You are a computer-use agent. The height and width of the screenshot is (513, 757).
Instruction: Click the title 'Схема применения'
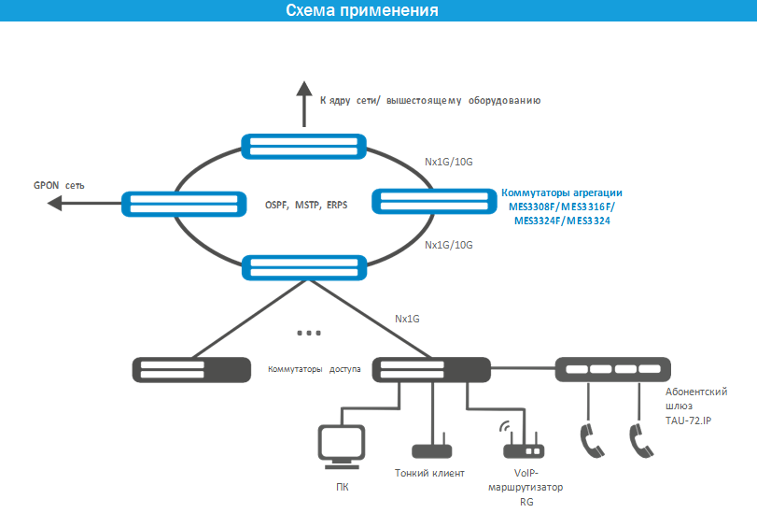(361, 10)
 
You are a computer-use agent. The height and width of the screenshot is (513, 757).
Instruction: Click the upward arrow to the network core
(304, 104)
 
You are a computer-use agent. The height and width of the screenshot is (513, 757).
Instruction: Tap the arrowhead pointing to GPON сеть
(55, 203)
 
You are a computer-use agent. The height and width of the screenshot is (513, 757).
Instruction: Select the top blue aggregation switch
(303, 146)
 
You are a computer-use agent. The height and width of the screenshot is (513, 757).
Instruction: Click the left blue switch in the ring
(184, 204)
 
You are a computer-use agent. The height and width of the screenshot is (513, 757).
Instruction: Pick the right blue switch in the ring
(434, 201)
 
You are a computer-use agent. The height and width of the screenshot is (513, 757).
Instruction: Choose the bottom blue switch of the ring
(304, 268)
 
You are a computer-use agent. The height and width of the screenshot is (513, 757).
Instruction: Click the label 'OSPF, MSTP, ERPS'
(306, 205)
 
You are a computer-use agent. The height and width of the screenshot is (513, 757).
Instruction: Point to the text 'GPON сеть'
(59, 185)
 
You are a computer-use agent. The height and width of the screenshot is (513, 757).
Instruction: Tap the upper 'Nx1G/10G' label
(448, 162)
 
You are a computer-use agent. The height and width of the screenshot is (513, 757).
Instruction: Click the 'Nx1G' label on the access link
(407, 319)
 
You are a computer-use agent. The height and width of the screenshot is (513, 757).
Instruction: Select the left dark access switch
(191, 370)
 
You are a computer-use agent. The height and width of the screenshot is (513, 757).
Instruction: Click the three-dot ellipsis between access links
(309, 333)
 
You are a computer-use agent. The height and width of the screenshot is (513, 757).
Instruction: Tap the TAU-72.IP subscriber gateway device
(613, 369)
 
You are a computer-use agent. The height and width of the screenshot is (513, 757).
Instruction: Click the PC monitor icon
(342, 447)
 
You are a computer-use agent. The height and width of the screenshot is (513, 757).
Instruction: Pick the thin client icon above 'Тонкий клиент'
(431, 449)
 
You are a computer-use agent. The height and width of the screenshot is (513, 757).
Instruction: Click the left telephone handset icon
(592, 440)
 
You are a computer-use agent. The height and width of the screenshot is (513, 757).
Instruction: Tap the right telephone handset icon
(641, 440)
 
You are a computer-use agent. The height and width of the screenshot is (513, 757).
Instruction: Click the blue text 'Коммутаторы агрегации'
(562, 192)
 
